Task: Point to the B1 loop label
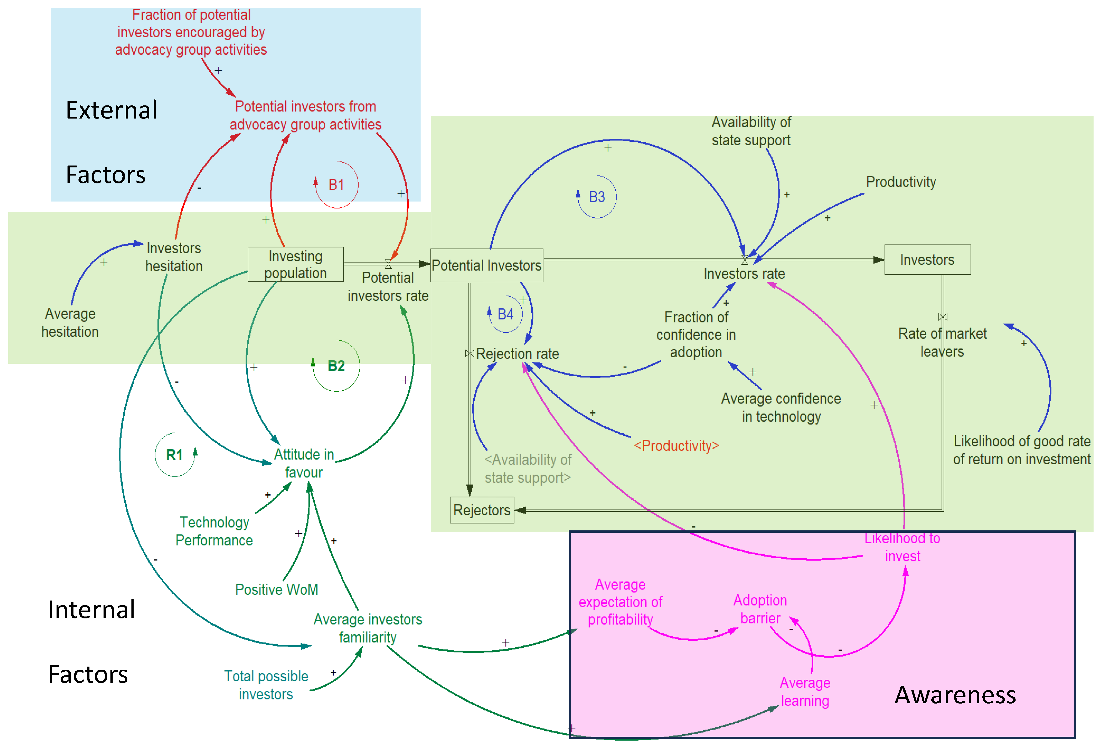336,185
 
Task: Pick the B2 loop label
336,366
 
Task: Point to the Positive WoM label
276,589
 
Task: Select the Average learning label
805,692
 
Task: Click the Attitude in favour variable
304,463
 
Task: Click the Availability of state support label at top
751,131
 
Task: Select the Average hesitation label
70,323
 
